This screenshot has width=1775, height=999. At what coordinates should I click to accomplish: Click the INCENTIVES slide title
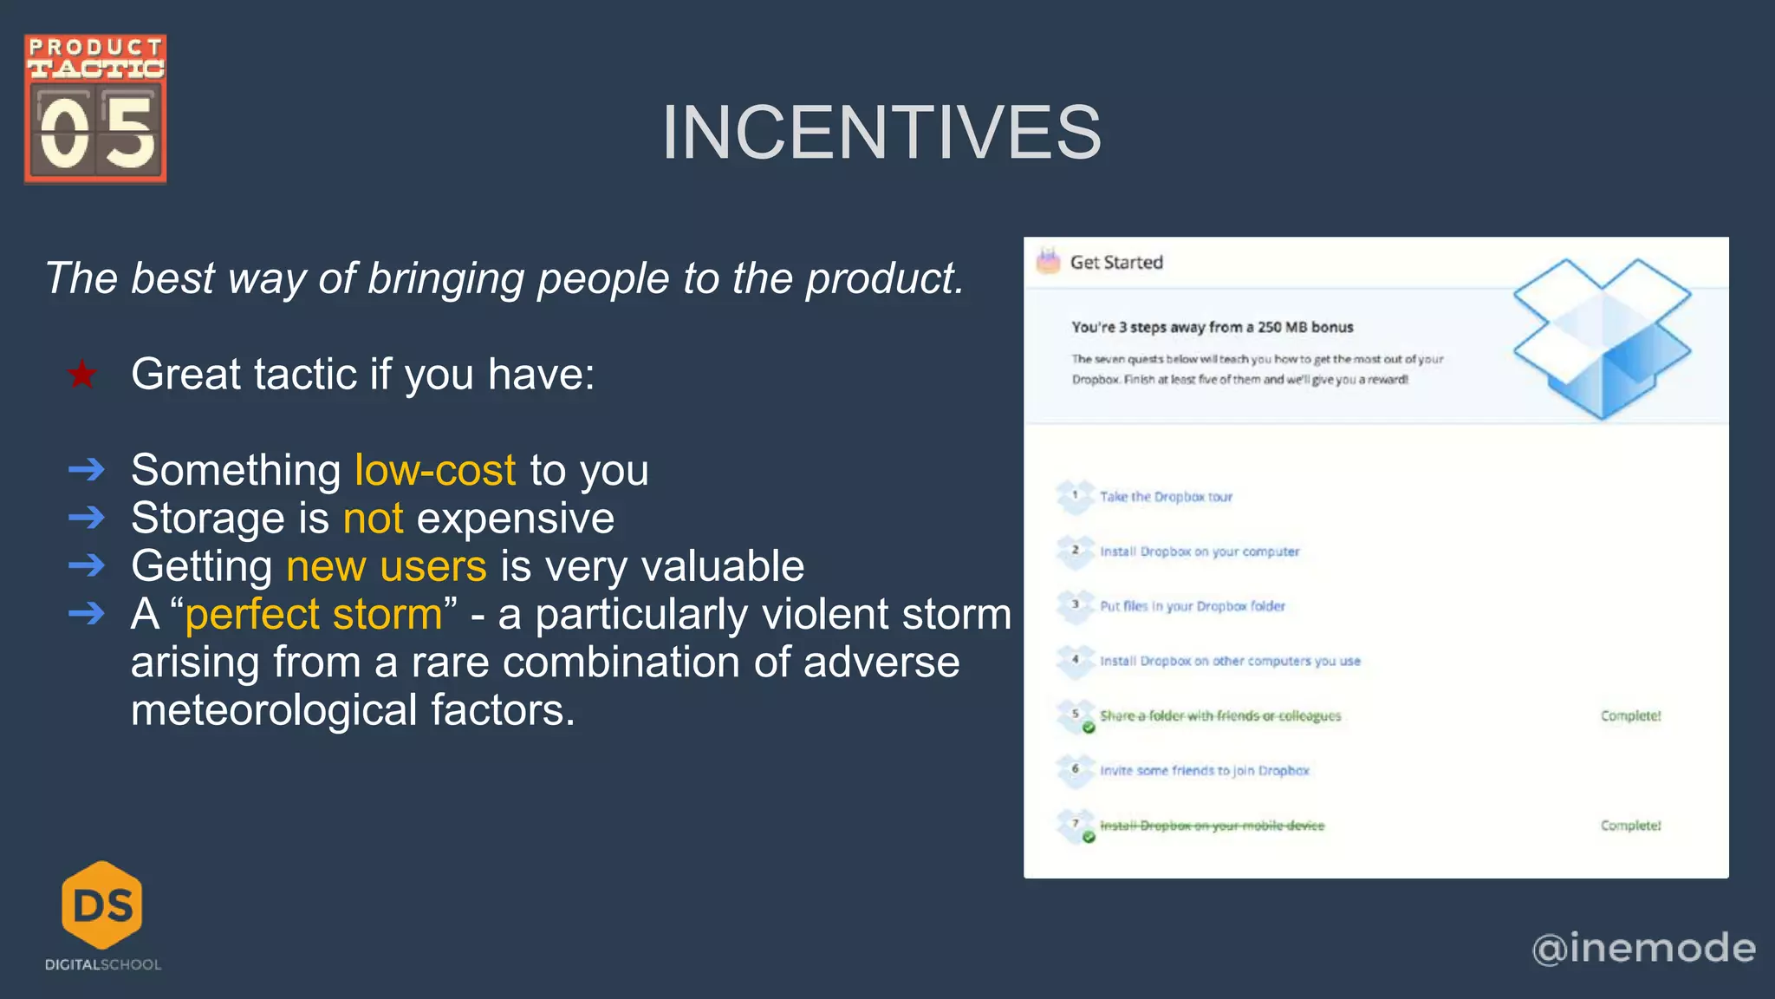[x=881, y=133]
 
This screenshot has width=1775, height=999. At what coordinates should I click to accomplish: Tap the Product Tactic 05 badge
[x=95, y=109]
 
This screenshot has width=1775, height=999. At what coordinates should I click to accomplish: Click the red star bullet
[x=82, y=375]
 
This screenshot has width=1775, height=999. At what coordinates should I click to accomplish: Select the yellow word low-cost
[x=435, y=470]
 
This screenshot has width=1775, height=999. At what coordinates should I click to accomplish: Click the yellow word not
[x=373, y=519]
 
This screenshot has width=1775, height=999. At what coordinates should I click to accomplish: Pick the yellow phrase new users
[x=387, y=566]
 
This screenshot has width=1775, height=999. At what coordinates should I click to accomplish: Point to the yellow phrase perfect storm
[x=314, y=614]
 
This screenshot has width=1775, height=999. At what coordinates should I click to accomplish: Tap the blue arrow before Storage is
[x=87, y=519]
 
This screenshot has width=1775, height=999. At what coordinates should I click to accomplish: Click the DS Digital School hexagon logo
[x=102, y=905]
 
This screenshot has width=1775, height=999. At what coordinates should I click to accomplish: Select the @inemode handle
[x=1643, y=948]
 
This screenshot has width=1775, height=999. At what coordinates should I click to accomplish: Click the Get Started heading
[x=1116, y=263]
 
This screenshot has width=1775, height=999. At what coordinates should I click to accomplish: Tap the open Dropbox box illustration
[x=1602, y=338]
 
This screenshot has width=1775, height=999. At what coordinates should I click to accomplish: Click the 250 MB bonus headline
[x=1212, y=327]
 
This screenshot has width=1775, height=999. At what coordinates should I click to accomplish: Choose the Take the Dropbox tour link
[x=1166, y=497]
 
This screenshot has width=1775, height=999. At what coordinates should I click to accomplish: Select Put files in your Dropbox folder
[x=1193, y=606]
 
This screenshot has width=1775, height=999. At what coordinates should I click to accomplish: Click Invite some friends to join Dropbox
[x=1205, y=770]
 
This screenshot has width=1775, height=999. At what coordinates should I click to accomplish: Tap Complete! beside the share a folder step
[x=1630, y=715]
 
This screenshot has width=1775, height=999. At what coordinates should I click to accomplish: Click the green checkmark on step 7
[x=1089, y=837]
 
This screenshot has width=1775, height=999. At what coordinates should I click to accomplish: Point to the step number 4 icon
[x=1076, y=660]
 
